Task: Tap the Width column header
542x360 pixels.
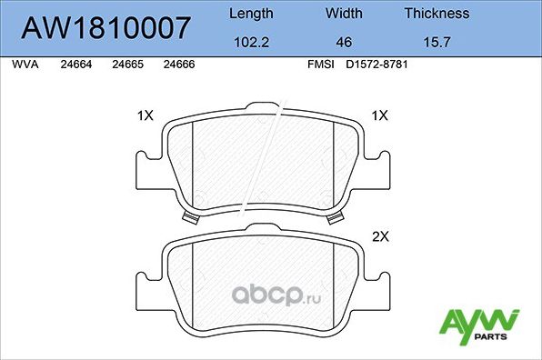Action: (344, 14)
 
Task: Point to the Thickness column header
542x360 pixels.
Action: (437, 14)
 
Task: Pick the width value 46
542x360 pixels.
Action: (344, 42)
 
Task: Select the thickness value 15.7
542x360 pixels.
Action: (437, 42)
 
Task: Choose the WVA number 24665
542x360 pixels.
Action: (125, 65)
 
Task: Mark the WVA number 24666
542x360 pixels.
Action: (177, 65)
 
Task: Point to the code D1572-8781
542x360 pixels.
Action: (375, 65)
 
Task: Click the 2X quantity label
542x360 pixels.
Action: (380, 237)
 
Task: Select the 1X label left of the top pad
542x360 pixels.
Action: (145, 115)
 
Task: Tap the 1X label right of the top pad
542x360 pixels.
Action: (380, 115)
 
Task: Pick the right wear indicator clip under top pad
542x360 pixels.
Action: (337, 217)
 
